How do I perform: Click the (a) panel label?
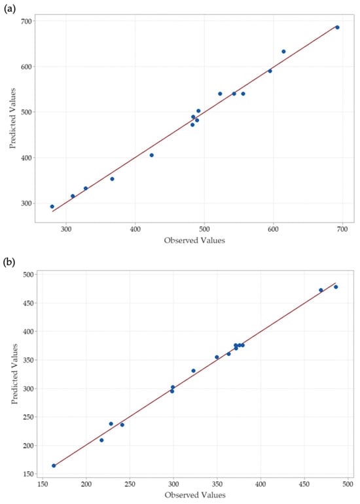coord(9,9)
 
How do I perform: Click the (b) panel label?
coord(9,262)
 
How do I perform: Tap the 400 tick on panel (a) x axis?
coord(135,229)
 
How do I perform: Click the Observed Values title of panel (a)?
coord(194,240)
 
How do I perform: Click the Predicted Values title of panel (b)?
coord(14,374)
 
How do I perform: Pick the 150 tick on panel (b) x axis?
coord(43,484)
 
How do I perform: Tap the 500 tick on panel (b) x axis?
coord(348,484)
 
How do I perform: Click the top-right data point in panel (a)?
coord(337,27)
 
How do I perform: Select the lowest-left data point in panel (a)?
coord(52,206)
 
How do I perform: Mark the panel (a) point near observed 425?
coord(151,155)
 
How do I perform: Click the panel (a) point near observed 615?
coord(283,52)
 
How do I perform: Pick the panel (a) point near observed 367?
coord(112,179)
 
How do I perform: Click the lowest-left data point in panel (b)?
coord(54,465)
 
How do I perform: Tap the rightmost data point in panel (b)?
coord(336,287)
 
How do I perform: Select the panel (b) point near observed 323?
coord(193,370)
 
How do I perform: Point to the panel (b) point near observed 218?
coord(101,440)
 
